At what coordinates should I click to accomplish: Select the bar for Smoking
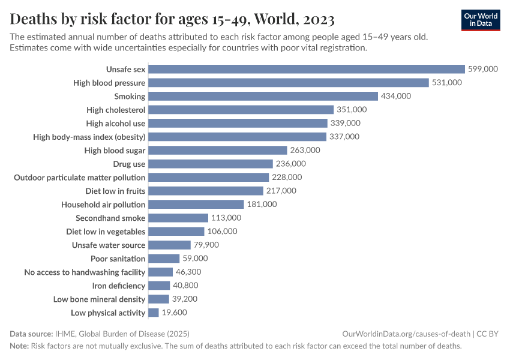[x=263, y=96]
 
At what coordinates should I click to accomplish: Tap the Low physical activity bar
[x=154, y=313]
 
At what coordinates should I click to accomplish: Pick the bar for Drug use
[x=211, y=164]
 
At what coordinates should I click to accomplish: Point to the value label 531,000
[x=447, y=83]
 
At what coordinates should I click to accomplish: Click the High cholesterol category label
[x=116, y=110]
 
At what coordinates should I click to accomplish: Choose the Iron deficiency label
[x=118, y=286]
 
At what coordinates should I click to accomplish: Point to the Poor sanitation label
[x=118, y=259]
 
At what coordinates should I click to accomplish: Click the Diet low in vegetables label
[x=106, y=232]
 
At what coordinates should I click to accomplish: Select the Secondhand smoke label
[x=110, y=218]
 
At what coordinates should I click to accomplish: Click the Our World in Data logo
[x=480, y=20]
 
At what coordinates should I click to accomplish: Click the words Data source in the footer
[x=30, y=334]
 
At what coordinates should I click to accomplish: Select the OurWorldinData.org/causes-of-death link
[x=406, y=334]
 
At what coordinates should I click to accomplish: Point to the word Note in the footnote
[x=19, y=346]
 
